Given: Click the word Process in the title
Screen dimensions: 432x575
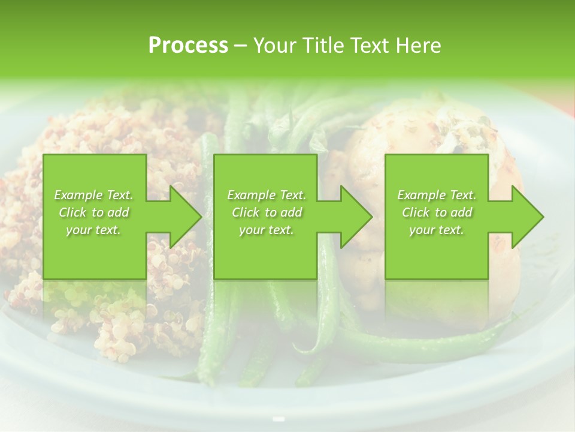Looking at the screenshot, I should coord(188,46).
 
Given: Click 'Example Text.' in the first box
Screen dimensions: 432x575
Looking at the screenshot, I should coord(93,195).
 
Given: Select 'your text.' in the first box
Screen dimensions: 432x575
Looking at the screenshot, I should coord(93,230).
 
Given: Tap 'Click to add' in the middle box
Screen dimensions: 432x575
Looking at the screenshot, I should coord(266,212).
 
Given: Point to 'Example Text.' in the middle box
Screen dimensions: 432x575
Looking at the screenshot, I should coord(267,195).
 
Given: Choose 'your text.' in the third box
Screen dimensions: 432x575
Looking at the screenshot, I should coord(436,230).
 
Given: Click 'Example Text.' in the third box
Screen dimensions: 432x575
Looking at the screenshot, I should coord(437,195).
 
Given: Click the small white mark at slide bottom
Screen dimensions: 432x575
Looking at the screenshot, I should coord(278,419).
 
